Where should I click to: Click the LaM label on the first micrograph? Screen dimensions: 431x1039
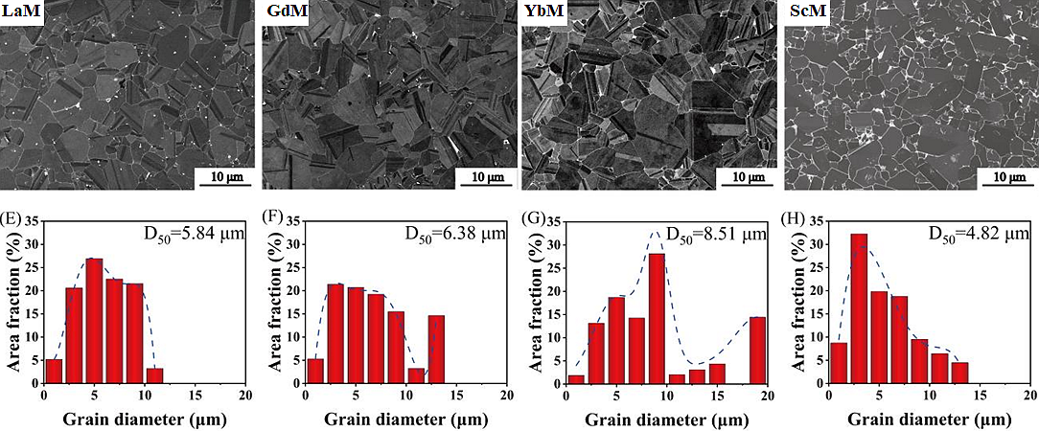coord(21,12)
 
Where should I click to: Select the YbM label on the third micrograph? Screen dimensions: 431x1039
coord(543,12)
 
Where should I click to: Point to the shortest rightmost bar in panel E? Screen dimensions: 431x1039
coord(155,375)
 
